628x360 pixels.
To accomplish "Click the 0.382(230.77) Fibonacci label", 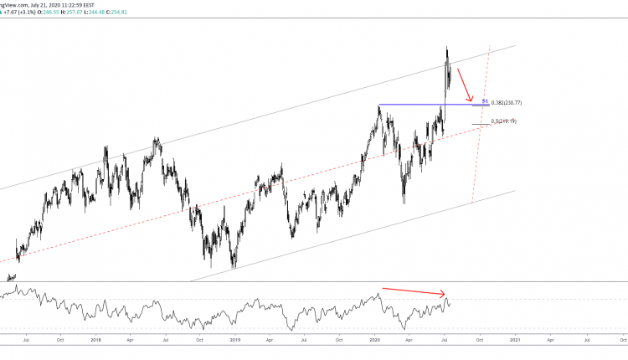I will click(507, 103).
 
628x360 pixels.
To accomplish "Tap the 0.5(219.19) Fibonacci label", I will click(503, 122).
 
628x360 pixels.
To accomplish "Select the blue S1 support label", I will click(485, 100).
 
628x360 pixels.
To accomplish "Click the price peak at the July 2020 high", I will click(447, 47).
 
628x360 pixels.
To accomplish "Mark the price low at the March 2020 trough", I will click(404, 203).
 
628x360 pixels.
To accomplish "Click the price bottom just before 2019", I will click(234, 268).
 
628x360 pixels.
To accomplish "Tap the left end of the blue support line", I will click(379, 105).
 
